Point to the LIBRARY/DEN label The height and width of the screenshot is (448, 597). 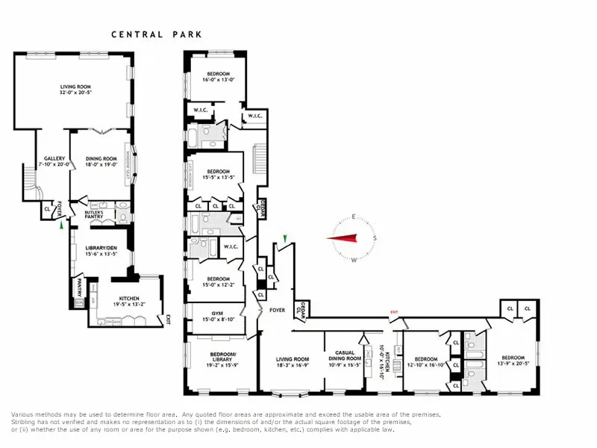[x=100, y=251]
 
